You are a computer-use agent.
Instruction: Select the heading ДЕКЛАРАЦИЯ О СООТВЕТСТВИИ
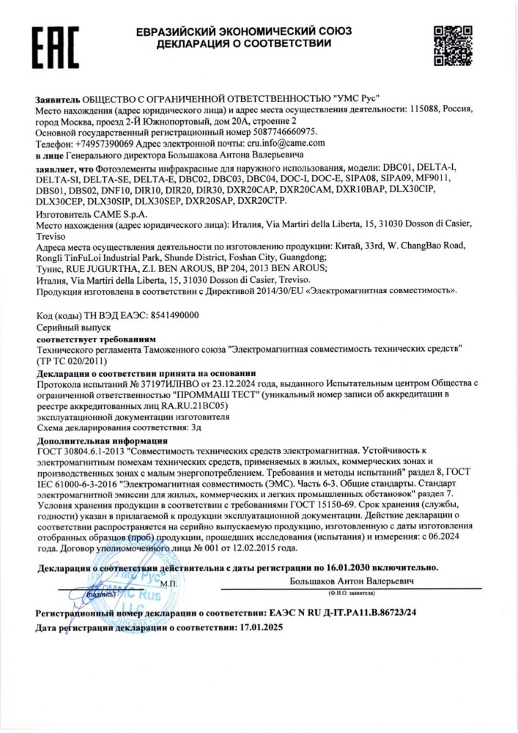pyautogui.click(x=243, y=44)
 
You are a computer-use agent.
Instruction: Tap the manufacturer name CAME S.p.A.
pyautogui.click(x=118, y=214)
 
